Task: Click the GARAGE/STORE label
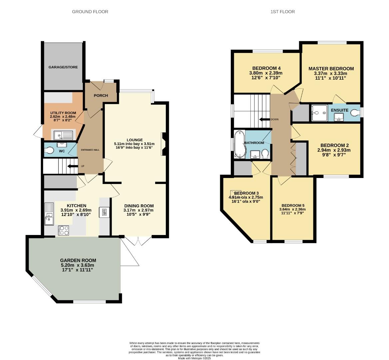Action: [63, 67]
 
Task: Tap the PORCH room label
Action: [101, 96]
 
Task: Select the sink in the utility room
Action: [64, 135]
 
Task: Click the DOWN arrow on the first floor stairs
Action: [265, 119]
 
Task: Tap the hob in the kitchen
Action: [64, 230]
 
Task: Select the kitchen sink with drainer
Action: [49, 214]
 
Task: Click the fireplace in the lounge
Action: [164, 144]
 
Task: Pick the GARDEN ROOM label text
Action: [78, 260]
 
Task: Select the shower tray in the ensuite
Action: [319, 113]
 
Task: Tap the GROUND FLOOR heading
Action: [90, 12]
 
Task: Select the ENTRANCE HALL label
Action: [88, 150]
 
